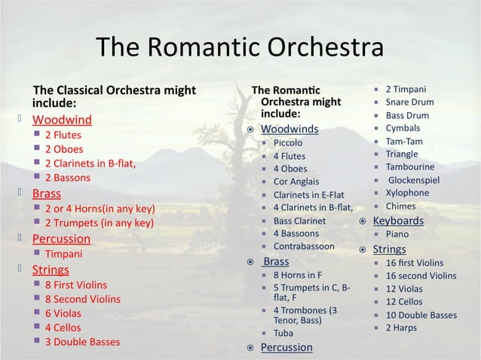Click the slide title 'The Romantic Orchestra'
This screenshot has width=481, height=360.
240,48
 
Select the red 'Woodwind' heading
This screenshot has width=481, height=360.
62,120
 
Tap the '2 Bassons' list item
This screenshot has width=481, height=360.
67,178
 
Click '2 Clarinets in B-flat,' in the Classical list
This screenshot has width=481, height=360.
90,163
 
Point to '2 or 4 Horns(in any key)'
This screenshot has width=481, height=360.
100,208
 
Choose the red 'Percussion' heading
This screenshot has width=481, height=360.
61,239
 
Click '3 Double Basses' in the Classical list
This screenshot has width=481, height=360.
82,341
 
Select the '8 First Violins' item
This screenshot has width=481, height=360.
75,285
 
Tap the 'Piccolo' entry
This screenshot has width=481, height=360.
288,142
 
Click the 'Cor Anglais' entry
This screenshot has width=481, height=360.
296,182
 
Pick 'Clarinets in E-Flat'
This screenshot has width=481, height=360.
308,194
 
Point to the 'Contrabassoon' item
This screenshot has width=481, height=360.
304,246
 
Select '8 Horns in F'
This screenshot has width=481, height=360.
297,275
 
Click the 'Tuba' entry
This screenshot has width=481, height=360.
283,333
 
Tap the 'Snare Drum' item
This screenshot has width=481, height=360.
409,102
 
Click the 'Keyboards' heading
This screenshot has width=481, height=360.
398,221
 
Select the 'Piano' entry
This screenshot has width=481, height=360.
397,234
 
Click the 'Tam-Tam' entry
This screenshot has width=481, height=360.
404,142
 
